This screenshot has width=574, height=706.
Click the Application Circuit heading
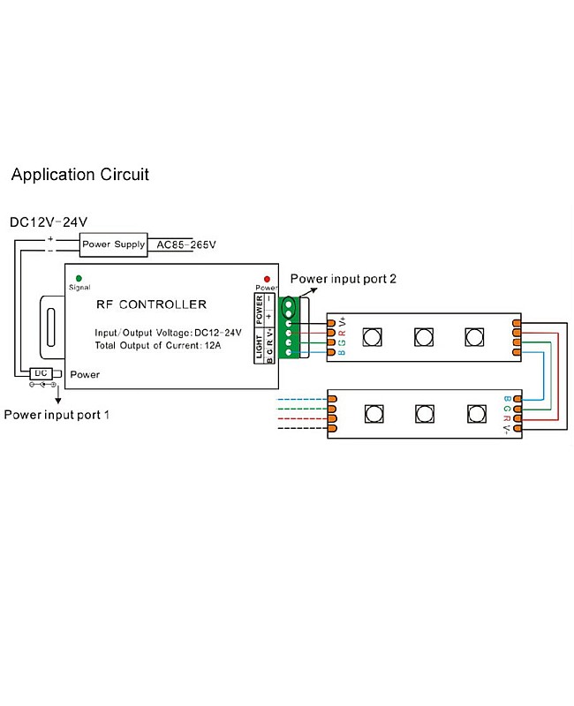(79, 175)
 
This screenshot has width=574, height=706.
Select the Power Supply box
(113, 244)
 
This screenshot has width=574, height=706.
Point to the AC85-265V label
(186, 244)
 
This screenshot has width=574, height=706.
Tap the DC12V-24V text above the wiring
(49, 222)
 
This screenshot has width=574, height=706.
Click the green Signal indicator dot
(79, 278)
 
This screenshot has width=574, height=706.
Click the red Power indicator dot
(266, 279)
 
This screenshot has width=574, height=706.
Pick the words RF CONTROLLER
(151, 304)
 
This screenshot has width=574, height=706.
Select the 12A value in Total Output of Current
(231, 344)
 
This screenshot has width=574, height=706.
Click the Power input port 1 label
(57, 414)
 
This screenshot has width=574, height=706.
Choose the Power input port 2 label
(344, 279)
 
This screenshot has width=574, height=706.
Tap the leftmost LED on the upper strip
(371, 336)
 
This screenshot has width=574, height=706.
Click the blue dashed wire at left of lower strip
(302, 400)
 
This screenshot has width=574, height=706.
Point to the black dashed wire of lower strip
(302, 429)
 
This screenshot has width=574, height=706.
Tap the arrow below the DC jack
(58, 394)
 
